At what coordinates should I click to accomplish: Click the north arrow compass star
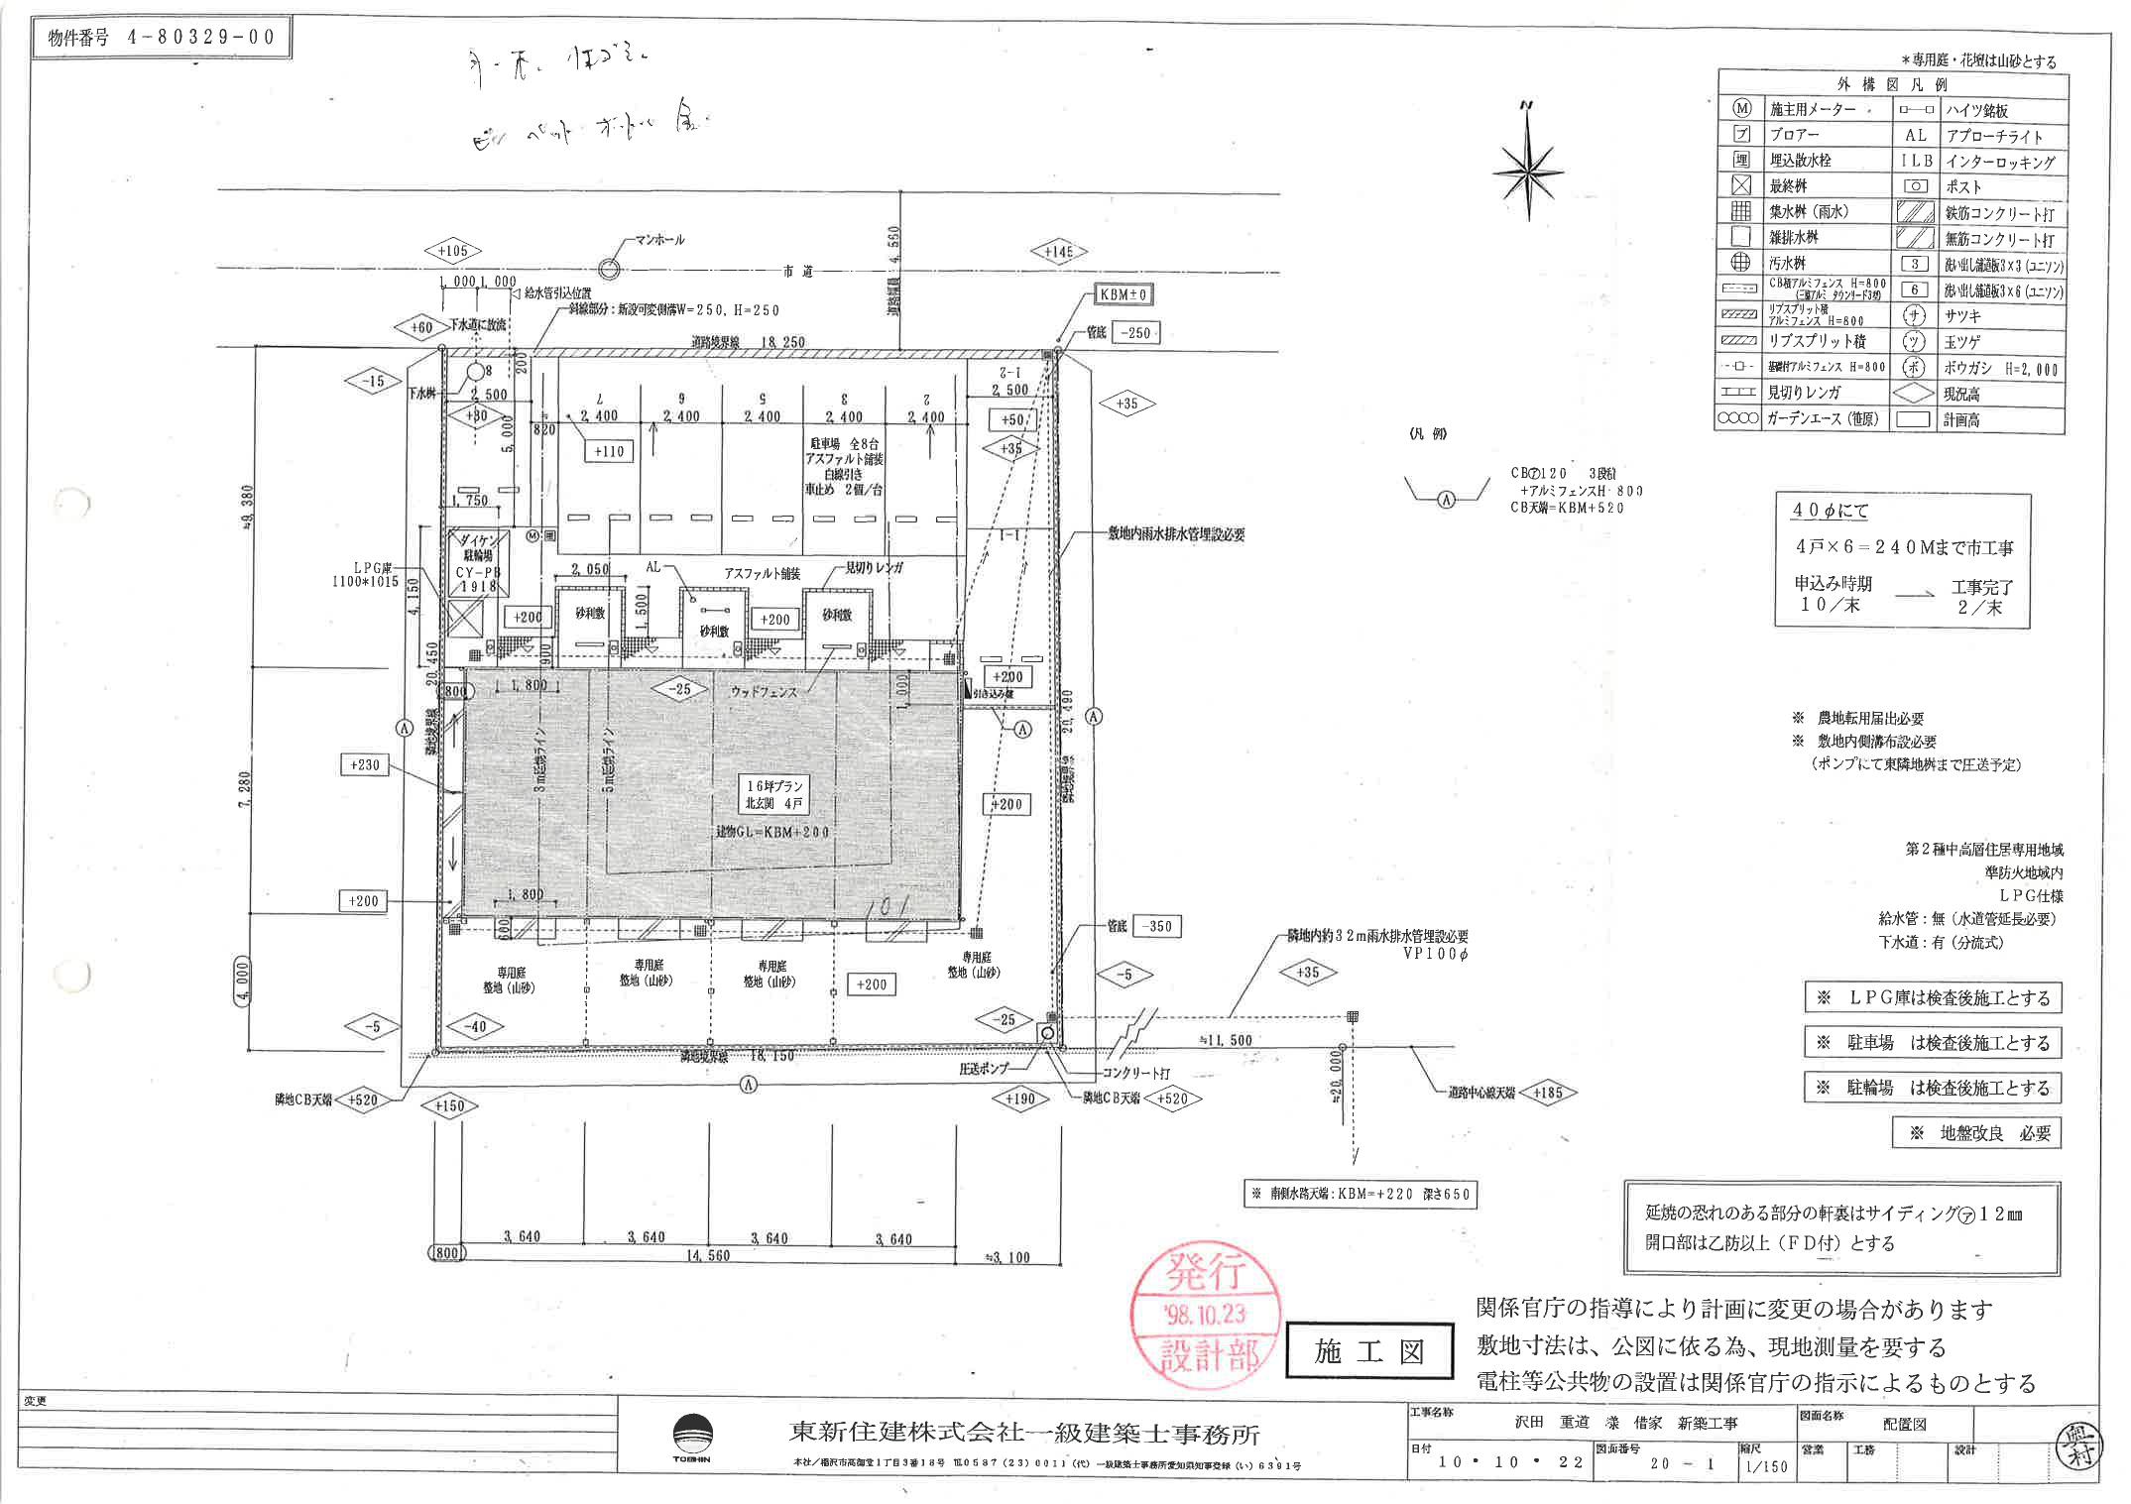(x=1528, y=169)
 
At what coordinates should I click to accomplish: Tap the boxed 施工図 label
(x=1369, y=1351)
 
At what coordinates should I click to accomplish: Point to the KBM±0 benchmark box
(x=1124, y=294)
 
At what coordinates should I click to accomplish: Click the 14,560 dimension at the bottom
(x=708, y=1256)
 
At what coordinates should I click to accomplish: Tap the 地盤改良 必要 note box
(x=1975, y=1133)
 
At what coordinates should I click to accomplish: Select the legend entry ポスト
(x=1963, y=186)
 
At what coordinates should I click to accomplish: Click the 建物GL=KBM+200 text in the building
(x=772, y=833)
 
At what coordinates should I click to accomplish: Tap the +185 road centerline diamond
(x=1547, y=1093)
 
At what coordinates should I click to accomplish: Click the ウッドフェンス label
(x=764, y=691)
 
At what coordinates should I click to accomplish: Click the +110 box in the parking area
(x=609, y=451)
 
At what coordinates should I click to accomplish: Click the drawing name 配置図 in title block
(x=1904, y=1424)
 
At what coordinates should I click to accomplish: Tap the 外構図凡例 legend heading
(x=1891, y=83)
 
